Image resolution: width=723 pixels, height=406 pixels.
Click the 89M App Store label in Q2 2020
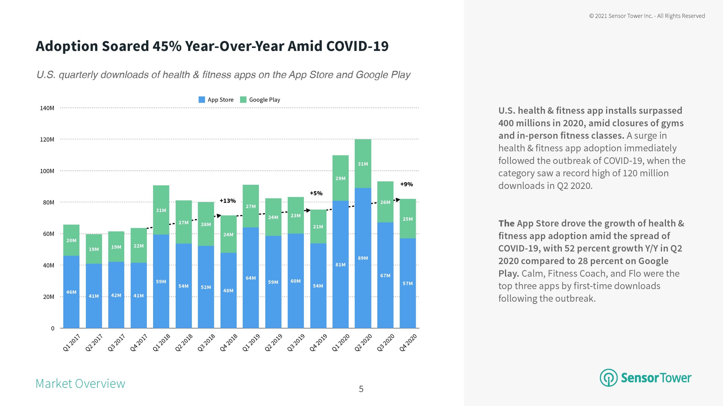pyautogui.click(x=363, y=258)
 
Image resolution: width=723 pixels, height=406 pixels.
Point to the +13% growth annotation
pyautogui.click(x=228, y=201)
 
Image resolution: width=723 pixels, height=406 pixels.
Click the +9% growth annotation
pyautogui.click(x=406, y=184)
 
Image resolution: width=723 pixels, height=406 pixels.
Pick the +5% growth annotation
pyautogui.click(x=316, y=193)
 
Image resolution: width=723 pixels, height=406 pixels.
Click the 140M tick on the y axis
pyautogui.click(x=47, y=108)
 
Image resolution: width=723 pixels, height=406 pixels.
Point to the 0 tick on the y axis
pyautogui.click(x=53, y=328)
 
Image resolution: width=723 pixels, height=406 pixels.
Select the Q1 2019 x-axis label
pyautogui.click(x=251, y=342)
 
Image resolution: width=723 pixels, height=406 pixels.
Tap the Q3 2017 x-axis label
pyautogui.click(x=116, y=342)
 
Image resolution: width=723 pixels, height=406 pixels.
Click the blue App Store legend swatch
pyautogui.click(x=202, y=100)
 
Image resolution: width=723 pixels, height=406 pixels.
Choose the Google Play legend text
pyautogui.click(x=265, y=100)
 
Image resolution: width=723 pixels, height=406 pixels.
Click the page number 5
pyautogui.click(x=361, y=389)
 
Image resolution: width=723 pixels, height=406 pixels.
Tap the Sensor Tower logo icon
pyautogui.click(x=608, y=378)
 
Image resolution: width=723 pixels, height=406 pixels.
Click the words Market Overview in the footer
pyautogui.click(x=80, y=383)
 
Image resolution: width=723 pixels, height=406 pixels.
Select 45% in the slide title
pyautogui.click(x=167, y=46)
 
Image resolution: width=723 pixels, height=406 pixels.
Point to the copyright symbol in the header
pyautogui.click(x=591, y=16)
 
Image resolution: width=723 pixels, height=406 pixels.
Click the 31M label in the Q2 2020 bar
pyautogui.click(x=363, y=164)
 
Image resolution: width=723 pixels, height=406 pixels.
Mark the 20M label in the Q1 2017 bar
pyautogui.click(x=71, y=240)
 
